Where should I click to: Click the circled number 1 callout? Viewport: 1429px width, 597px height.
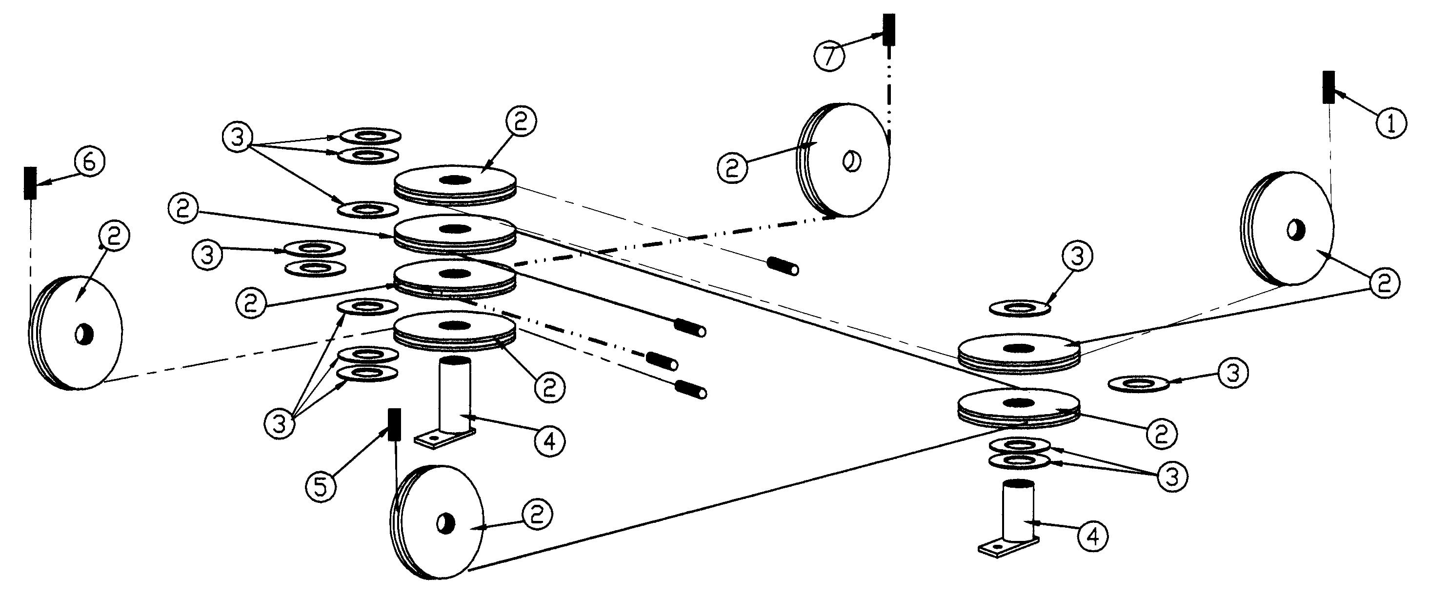click(x=1391, y=123)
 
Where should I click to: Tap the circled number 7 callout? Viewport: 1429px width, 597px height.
click(x=829, y=56)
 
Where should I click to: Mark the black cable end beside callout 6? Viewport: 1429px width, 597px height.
click(x=30, y=182)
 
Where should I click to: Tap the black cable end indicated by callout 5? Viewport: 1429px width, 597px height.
click(x=394, y=425)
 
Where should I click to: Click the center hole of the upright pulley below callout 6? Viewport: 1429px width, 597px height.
click(x=84, y=334)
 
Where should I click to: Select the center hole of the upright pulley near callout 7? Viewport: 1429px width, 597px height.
click(x=851, y=161)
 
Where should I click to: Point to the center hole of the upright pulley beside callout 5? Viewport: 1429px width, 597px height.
click(x=446, y=523)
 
